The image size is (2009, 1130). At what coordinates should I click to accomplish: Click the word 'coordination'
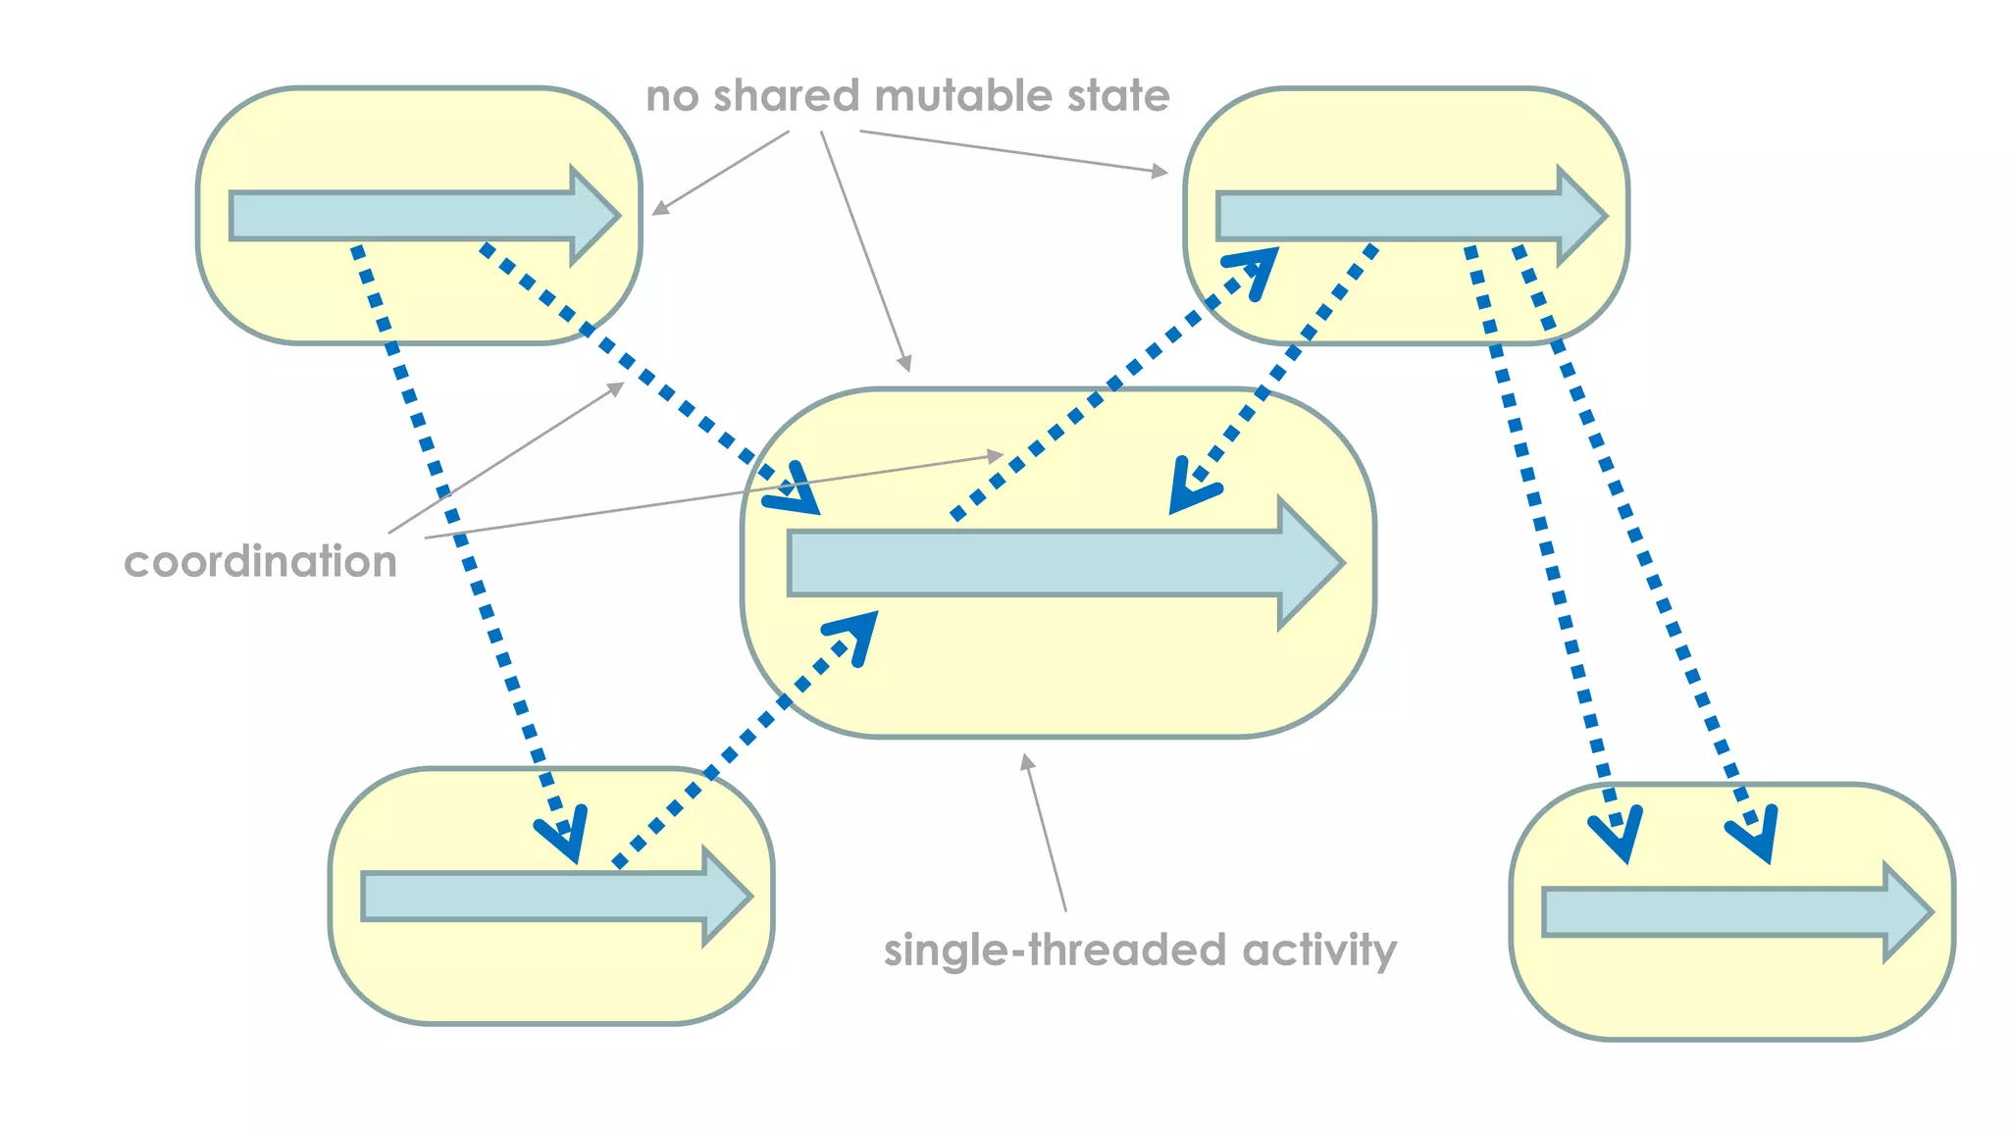[x=260, y=562]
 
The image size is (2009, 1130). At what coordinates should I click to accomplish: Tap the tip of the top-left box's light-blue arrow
[x=617, y=216]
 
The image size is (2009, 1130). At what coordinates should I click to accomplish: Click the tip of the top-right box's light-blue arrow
[x=1604, y=216]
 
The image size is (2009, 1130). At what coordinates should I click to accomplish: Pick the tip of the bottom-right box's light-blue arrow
[x=1930, y=912]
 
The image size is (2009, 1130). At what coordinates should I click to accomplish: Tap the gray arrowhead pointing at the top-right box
[x=1161, y=172]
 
